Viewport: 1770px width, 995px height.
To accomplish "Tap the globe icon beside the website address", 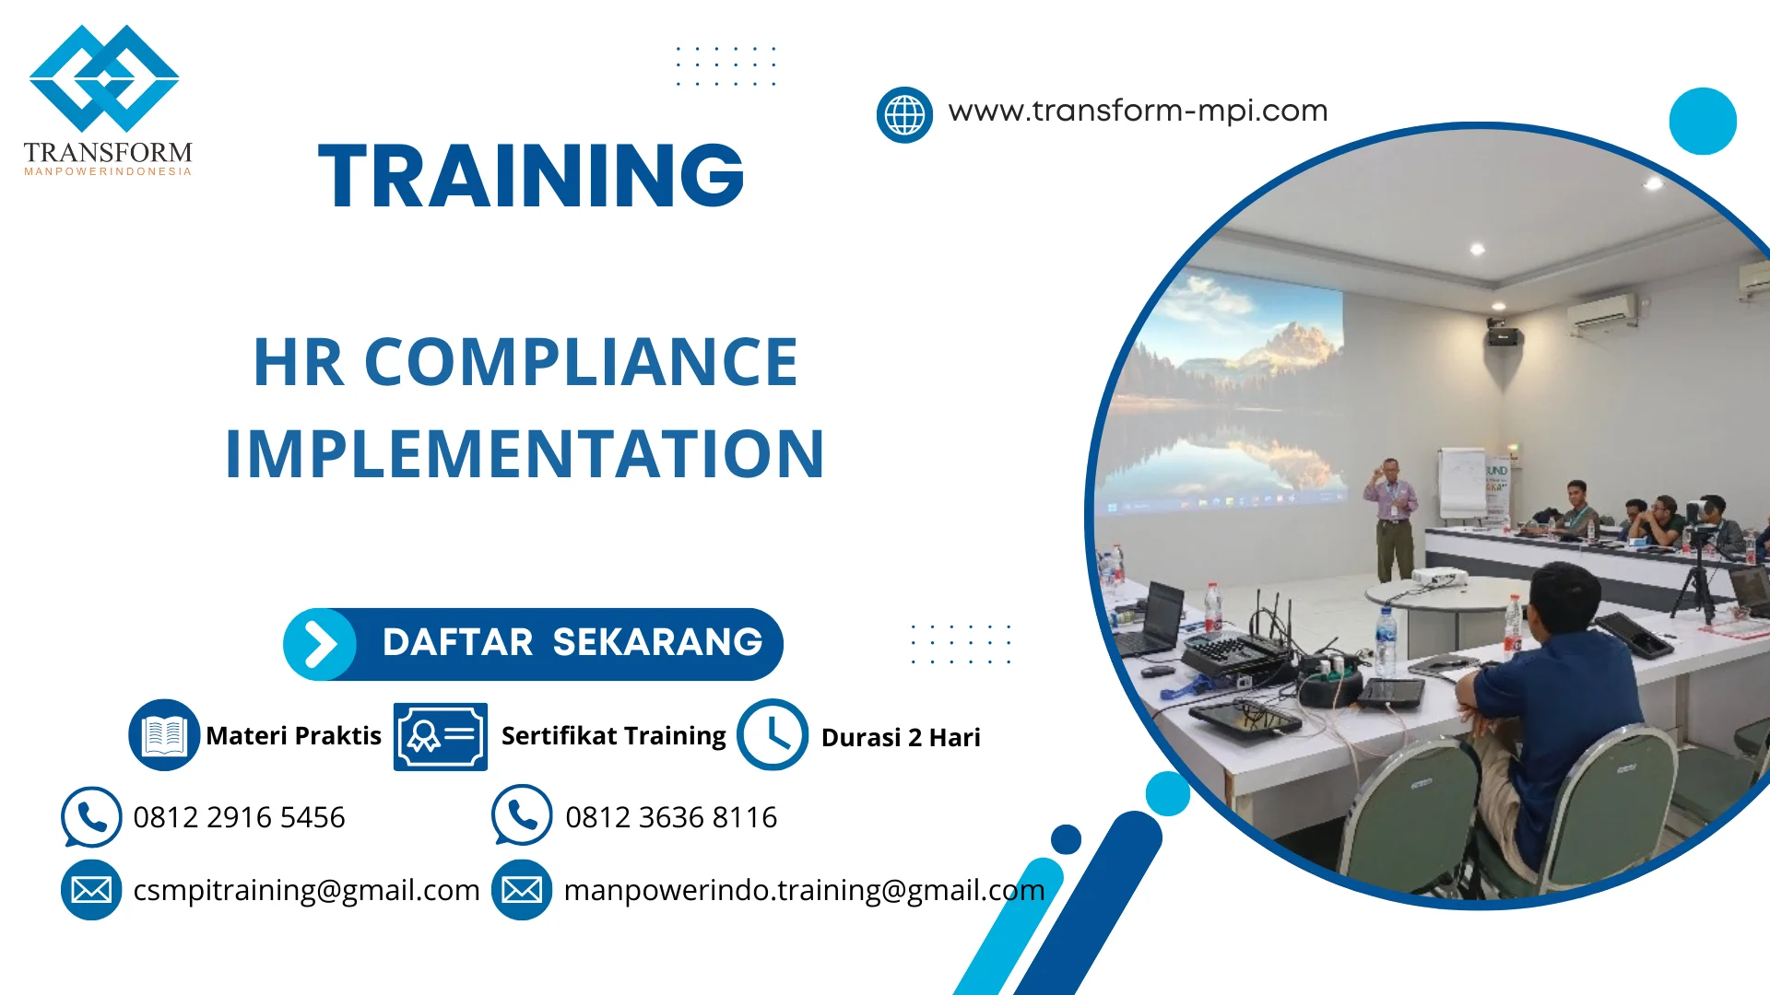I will [904, 115].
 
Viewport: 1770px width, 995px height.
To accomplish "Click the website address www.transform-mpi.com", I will [1138, 111].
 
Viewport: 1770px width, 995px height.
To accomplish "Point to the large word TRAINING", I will [531, 176].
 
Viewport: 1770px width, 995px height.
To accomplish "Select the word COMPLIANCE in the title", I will [581, 362].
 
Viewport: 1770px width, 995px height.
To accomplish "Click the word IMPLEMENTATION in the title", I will [525, 454].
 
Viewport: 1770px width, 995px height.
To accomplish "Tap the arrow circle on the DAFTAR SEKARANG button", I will [320, 644].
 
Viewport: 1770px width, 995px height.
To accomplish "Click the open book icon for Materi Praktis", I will [164, 735].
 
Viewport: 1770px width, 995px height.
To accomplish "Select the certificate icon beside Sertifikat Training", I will [440, 736].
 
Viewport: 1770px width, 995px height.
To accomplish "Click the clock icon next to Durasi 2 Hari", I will [773, 735].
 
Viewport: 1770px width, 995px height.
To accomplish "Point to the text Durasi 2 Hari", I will [900, 738].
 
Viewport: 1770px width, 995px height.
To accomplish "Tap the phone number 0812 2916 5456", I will [239, 817].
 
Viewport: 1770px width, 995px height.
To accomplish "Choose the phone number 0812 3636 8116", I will [671, 817].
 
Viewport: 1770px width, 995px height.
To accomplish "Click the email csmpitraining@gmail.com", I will [306, 890].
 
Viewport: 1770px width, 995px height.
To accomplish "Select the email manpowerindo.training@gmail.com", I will [804, 890].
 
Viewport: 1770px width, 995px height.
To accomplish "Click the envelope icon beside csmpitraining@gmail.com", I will [91, 890].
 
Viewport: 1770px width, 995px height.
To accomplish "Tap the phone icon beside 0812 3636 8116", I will [522, 815].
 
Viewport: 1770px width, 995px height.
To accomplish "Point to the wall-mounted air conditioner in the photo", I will [1602, 311].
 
